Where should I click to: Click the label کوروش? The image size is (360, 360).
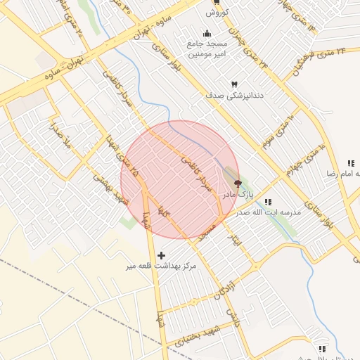click(214, 13)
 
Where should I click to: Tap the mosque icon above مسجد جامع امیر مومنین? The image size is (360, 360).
click(207, 33)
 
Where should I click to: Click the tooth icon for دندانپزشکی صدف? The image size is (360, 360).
click(234, 84)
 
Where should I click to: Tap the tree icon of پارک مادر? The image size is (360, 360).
click(227, 183)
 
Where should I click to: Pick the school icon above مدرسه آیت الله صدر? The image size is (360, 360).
click(268, 202)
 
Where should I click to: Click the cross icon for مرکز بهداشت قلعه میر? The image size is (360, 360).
click(162, 255)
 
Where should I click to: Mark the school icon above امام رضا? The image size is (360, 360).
click(350, 163)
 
